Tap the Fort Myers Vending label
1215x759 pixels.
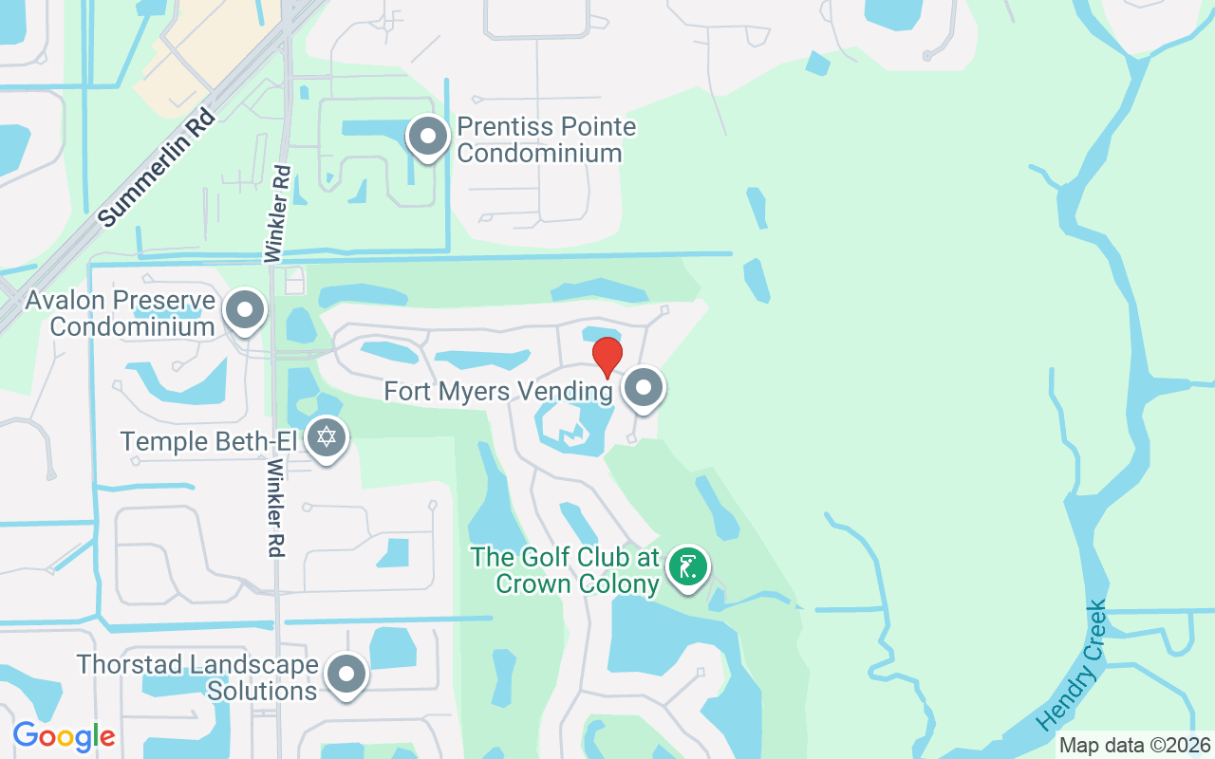[498, 391]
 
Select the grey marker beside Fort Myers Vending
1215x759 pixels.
[645, 388]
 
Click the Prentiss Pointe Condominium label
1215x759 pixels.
[546, 139]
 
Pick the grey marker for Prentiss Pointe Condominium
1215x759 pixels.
[428, 137]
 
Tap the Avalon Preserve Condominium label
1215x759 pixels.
[120, 314]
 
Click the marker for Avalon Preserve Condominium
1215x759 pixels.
[246, 309]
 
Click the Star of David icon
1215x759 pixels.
[327, 438]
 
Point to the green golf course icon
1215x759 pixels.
[687, 567]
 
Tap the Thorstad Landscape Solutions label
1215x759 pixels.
[196, 677]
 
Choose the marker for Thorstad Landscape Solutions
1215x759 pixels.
[346, 675]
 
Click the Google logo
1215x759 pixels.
[64, 736]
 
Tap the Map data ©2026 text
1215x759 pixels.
[1135, 745]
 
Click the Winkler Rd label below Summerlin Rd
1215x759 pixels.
[277, 213]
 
